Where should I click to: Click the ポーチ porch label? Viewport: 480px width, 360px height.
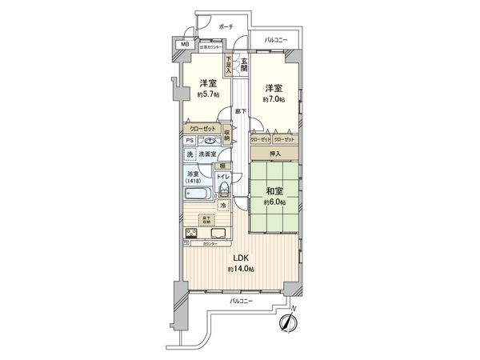(225, 28)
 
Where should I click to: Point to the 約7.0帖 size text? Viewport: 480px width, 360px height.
(273, 99)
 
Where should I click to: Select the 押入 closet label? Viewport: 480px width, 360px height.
(274, 152)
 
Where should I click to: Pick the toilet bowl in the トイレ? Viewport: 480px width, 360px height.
(225, 189)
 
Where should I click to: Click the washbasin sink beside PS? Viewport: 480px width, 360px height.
(210, 139)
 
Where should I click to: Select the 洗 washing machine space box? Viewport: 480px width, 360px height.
(190, 154)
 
